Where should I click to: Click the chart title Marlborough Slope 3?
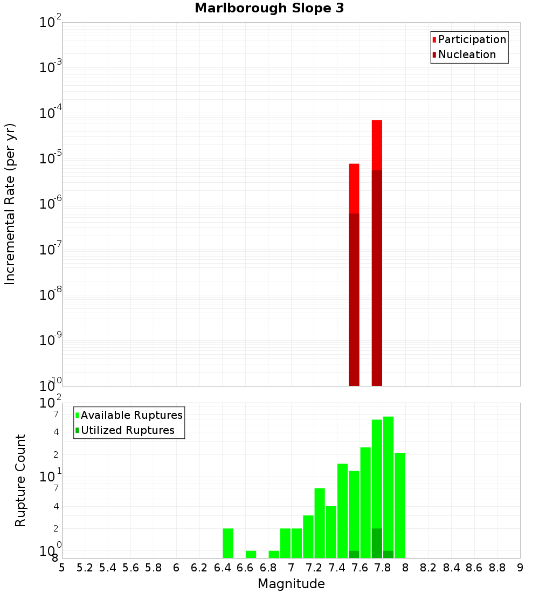click(269, 8)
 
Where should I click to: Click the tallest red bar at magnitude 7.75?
click(377, 146)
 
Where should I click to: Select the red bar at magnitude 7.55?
click(354, 189)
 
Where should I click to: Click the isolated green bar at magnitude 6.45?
click(228, 543)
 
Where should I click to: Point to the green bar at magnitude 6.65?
click(251, 554)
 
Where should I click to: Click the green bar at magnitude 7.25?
click(320, 523)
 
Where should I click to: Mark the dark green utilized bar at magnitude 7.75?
click(377, 543)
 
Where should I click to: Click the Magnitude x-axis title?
click(291, 584)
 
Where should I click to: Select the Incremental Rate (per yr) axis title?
click(10, 204)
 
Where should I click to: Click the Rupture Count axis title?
click(20, 480)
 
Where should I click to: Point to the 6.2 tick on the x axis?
click(199, 568)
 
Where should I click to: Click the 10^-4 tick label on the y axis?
click(51, 113)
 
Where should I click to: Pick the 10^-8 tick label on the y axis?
click(51, 295)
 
